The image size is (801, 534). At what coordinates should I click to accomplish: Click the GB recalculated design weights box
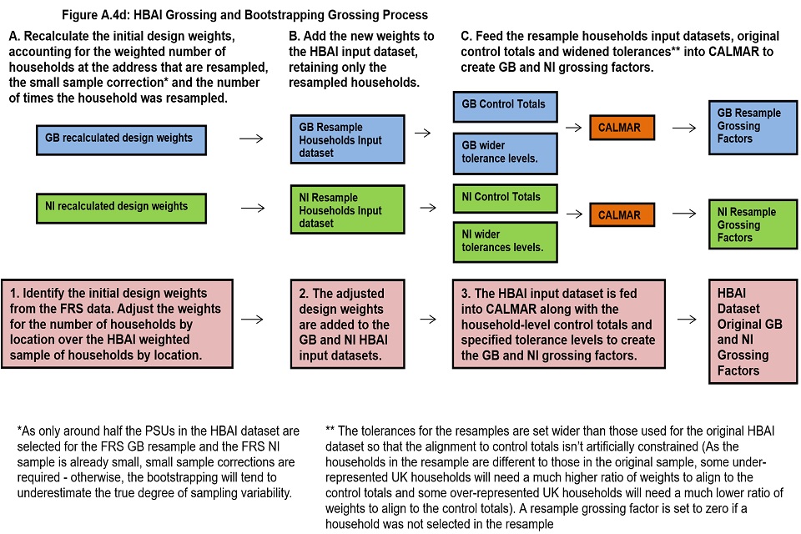click(x=121, y=139)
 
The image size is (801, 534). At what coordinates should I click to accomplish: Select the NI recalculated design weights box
click(x=121, y=208)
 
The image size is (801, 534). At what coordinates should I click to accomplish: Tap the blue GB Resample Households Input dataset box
click(x=347, y=139)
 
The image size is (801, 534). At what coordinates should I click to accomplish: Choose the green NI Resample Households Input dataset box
click(x=347, y=209)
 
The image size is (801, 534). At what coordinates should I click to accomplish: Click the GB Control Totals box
click(x=506, y=106)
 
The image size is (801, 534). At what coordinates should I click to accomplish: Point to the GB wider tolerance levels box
click(x=506, y=154)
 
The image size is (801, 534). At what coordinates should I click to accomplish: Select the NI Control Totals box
click(x=506, y=199)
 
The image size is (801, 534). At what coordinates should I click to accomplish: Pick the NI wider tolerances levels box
click(x=506, y=242)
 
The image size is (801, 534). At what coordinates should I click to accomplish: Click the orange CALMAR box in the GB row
click(x=622, y=127)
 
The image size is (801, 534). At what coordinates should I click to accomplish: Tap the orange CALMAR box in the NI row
click(x=622, y=214)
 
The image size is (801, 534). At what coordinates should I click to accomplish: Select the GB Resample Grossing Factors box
click(x=753, y=127)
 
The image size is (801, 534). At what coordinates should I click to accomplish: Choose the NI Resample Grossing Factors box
click(x=753, y=224)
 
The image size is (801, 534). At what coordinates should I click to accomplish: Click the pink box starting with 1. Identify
click(x=117, y=324)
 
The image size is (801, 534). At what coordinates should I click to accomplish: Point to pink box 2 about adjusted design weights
click(x=347, y=324)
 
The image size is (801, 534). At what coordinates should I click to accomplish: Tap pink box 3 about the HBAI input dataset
click(x=559, y=324)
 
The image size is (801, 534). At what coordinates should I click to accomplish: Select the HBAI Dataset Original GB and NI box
click(x=753, y=331)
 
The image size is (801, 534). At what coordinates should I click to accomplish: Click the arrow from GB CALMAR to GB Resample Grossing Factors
click(x=684, y=128)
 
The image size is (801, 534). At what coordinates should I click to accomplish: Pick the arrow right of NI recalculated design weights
click(x=253, y=208)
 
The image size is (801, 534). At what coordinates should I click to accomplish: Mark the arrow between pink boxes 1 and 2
click(x=252, y=320)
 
